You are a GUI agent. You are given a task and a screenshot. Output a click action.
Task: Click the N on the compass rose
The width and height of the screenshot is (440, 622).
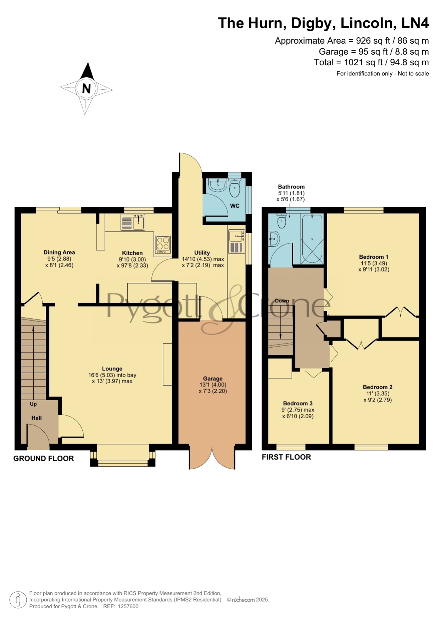click(x=86, y=88)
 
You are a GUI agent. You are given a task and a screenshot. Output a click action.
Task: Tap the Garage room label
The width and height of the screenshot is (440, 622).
click(x=213, y=379)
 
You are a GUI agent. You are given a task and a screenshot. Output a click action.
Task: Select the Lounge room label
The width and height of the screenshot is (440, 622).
click(x=112, y=369)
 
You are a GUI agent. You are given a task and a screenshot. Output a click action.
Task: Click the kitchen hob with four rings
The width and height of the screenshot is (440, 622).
click(x=163, y=245)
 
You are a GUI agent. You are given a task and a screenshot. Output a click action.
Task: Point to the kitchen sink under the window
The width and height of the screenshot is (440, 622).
click(x=133, y=222)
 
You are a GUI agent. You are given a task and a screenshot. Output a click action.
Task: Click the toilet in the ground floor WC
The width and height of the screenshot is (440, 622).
click(x=234, y=187)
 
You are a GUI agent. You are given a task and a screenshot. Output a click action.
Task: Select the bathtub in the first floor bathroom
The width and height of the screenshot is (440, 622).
click(x=312, y=239)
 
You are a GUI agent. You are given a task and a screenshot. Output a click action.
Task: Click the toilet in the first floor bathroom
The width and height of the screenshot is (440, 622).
click(x=282, y=220)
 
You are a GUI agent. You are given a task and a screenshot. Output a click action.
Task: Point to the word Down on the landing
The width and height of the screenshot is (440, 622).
click(x=282, y=301)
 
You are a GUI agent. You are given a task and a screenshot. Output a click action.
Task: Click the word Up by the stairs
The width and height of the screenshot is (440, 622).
click(x=33, y=404)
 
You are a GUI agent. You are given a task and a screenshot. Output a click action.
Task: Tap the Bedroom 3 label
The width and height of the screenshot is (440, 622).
click(x=298, y=403)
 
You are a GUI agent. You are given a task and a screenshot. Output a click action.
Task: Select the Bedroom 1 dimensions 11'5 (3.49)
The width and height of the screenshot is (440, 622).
click(x=374, y=263)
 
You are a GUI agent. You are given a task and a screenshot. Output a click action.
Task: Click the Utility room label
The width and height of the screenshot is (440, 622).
click(x=202, y=253)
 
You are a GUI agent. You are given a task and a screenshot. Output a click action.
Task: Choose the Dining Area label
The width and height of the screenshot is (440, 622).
click(x=59, y=252)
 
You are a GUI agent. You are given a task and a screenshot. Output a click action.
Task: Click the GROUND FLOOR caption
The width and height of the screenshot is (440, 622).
click(x=44, y=459)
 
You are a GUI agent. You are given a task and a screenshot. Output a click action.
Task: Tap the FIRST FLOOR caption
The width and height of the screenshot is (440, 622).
click(x=286, y=457)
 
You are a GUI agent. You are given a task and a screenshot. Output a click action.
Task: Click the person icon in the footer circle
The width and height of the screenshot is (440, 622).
click(x=18, y=600)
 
